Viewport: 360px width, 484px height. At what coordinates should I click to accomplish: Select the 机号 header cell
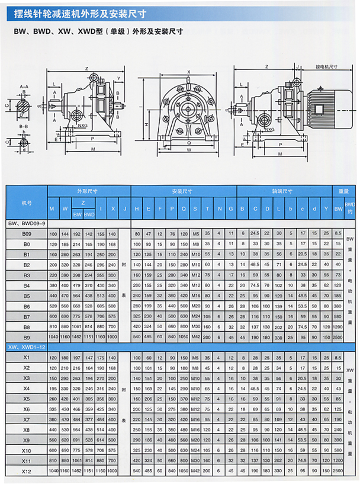[27, 203]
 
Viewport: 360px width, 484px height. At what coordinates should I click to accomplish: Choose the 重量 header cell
[343, 191]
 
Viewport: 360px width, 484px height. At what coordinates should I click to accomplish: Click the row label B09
[27, 234]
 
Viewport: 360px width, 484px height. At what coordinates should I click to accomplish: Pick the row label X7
[27, 419]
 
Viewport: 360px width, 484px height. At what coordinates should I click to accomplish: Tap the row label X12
[27, 471]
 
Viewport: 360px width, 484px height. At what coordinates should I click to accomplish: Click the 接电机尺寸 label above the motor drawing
[327, 68]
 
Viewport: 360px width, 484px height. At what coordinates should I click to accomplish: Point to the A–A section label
[24, 87]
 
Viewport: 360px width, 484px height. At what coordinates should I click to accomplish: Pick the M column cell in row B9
[53, 336]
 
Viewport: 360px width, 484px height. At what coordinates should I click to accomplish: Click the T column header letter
[207, 208]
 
